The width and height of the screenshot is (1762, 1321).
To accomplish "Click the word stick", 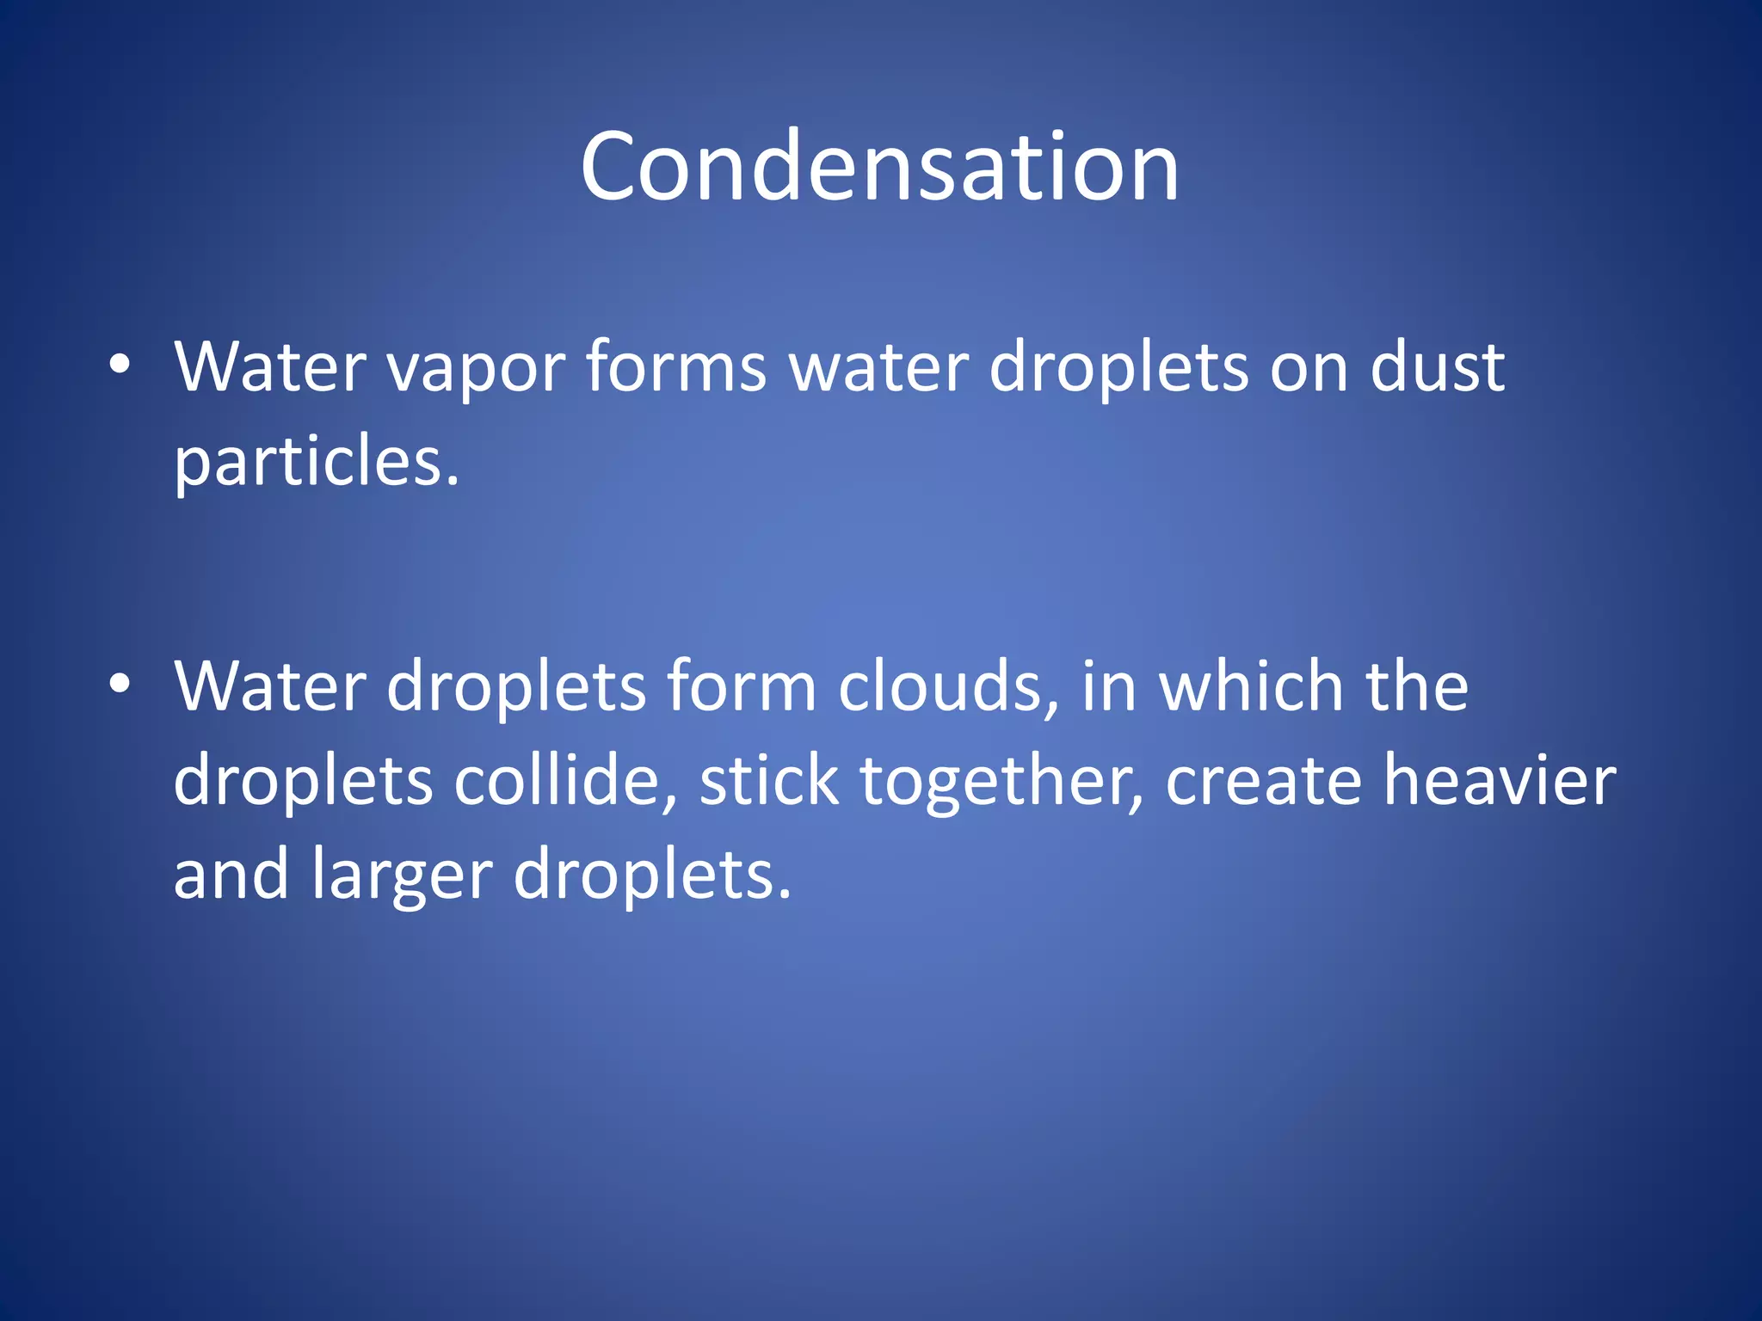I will tap(768, 781).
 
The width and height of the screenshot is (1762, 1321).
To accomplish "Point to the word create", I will tap(1263, 781).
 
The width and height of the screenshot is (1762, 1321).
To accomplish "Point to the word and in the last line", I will tap(231, 874).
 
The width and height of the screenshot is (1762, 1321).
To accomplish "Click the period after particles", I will tap(453, 482).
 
